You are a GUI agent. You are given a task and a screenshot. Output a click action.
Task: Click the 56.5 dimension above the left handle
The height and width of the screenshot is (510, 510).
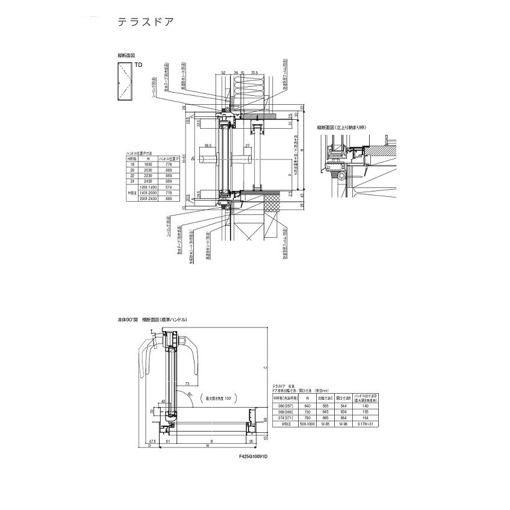208,146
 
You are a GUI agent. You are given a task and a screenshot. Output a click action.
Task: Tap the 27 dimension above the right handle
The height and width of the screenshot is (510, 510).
247,146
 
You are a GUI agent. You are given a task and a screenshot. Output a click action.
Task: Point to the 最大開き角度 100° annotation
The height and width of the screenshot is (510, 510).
223,399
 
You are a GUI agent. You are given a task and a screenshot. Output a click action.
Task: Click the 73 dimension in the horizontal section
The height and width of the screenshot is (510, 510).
187,383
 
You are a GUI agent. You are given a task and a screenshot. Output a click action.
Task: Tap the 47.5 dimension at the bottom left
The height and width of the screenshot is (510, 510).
153,442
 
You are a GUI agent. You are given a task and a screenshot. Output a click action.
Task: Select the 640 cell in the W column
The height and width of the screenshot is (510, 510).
308,406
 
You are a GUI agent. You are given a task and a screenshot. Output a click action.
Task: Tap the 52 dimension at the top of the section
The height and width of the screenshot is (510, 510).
223,72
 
